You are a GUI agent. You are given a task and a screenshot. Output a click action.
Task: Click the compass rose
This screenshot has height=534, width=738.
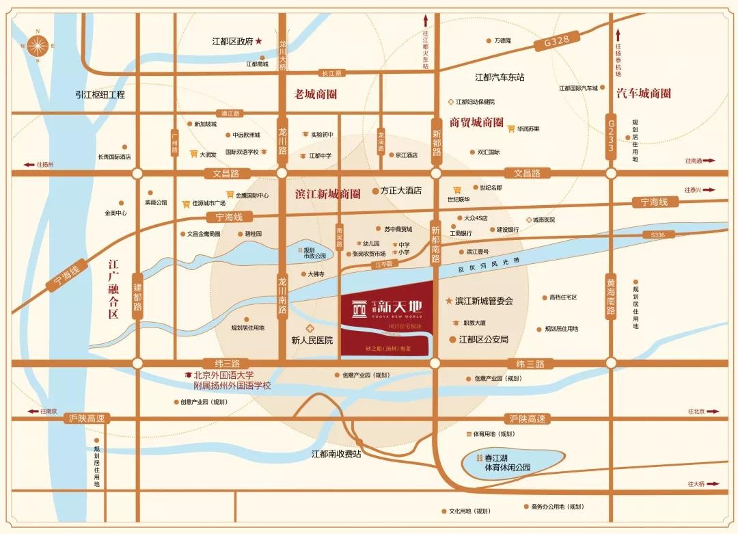click(38, 46)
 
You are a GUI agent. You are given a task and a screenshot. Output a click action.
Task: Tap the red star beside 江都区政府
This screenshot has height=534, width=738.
click(259, 42)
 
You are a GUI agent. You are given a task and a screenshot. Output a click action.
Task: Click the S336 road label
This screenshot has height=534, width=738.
click(658, 235)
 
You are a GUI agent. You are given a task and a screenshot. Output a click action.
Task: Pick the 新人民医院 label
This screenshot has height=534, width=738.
click(312, 340)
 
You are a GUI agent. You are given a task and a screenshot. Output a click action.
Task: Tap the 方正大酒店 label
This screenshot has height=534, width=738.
click(401, 191)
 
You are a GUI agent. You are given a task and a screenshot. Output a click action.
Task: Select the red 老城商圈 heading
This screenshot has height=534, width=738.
click(316, 94)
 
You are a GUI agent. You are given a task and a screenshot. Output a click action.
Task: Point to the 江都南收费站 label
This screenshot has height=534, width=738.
click(336, 453)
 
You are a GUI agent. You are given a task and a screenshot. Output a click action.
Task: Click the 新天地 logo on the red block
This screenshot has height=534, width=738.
click(387, 308)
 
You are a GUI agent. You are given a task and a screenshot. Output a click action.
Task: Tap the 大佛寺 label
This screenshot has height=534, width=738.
click(315, 274)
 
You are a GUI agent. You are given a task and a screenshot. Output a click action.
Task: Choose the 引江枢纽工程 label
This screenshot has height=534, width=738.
click(100, 94)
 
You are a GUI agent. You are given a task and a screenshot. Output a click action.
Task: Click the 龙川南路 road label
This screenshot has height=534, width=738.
click(282, 295)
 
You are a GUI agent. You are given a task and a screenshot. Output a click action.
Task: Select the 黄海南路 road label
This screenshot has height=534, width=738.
click(611, 297)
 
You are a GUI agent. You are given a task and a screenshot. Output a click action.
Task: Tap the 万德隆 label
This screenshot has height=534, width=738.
click(502, 41)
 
